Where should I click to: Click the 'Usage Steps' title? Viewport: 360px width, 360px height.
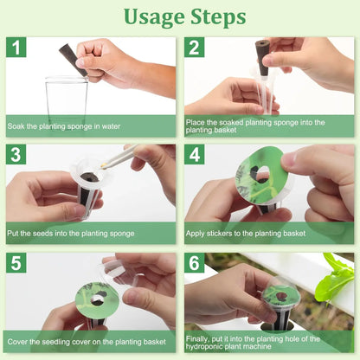click(183, 16)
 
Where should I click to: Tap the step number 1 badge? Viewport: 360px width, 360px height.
click(17, 48)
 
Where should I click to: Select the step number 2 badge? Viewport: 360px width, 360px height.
click(196, 48)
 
